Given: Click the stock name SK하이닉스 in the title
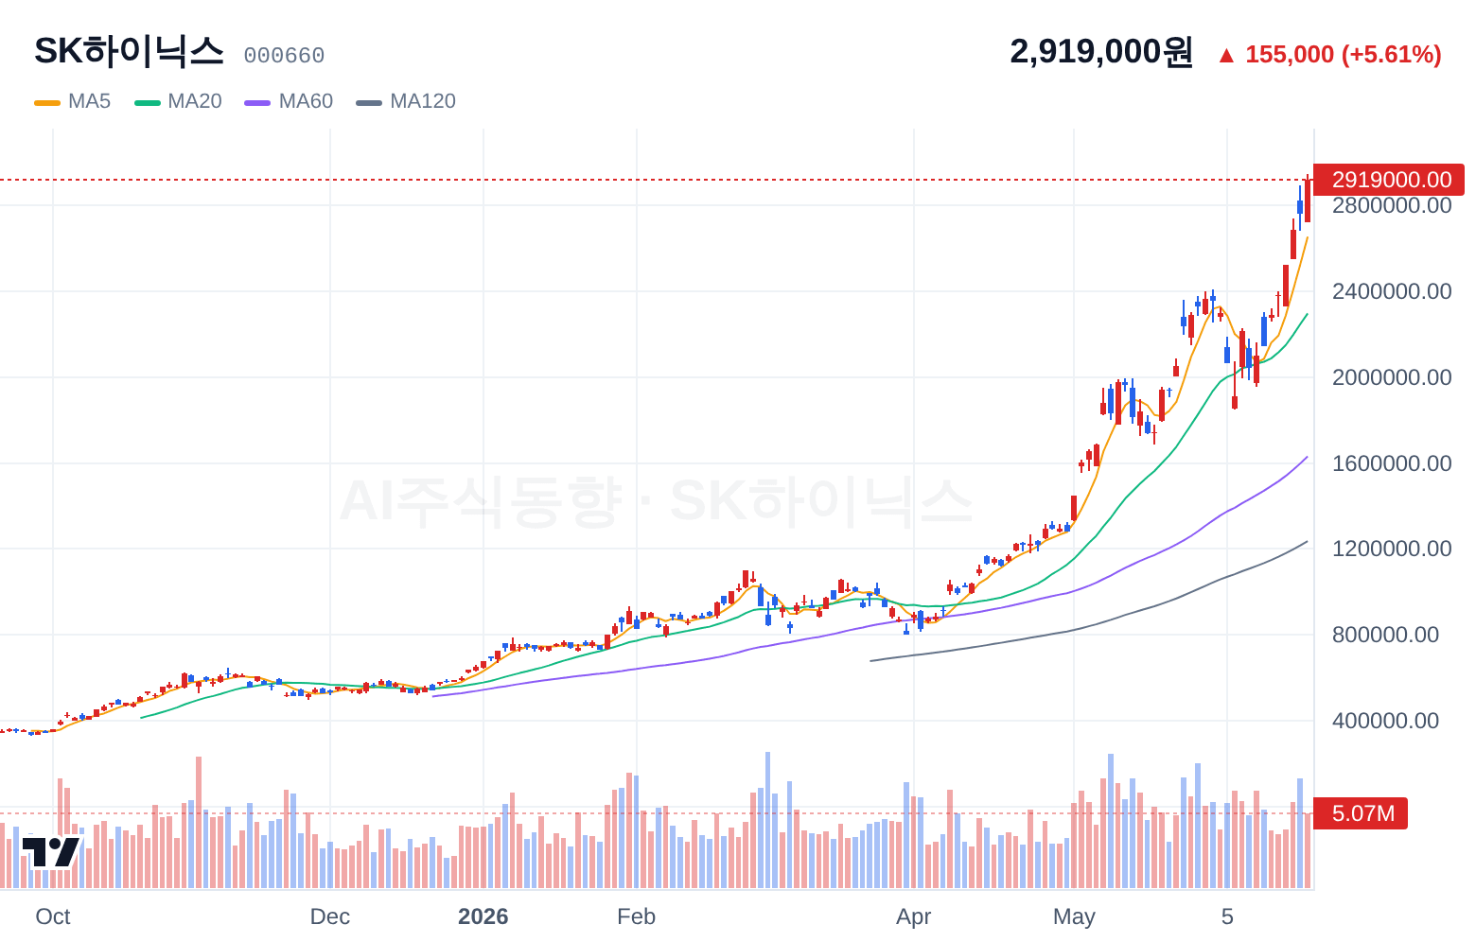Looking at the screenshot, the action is [x=129, y=51].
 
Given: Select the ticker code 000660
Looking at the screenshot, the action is [x=284, y=56].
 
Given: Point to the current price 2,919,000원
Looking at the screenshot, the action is [x=1101, y=52].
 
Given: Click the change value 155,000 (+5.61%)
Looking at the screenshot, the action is [x=1343, y=54].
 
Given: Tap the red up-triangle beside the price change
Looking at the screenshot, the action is [x=1226, y=56].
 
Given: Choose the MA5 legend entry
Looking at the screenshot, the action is [x=73, y=101].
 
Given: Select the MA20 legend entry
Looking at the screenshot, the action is [x=178, y=101].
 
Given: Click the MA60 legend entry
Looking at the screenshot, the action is [x=289, y=101].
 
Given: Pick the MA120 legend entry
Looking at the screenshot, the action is [x=406, y=101].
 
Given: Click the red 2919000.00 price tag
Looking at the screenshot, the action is [x=1389, y=180].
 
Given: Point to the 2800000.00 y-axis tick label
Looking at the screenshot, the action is [x=1392, y=205].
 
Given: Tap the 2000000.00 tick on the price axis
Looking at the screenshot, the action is [x=1392, y=377].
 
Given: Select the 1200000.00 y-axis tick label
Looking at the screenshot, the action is [x=1392, y=549].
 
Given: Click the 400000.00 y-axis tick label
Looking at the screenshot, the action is [x=1385, y=721].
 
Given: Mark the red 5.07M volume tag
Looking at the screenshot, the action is [x=1361, y=813].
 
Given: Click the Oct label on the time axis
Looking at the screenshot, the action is [x=53, y=916].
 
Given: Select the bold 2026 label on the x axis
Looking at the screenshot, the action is [x=483, y=916].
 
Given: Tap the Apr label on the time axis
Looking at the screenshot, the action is [x=913, y=916].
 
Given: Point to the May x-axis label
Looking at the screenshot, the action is [x=1074, y=916].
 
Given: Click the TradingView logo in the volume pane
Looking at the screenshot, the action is [x=51, y=852].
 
